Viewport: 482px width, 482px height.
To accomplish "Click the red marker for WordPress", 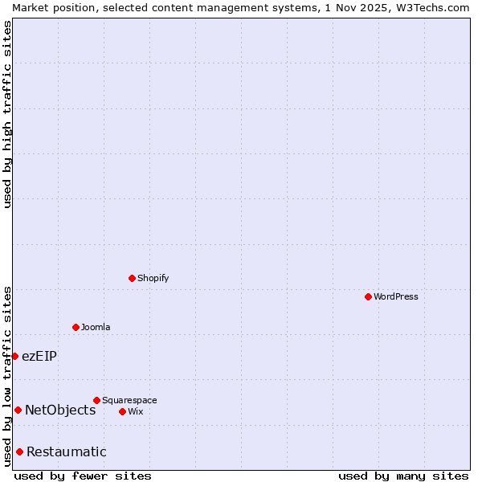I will pyautogui.click(x=368, y=296).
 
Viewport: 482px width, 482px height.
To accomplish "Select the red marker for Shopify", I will pyautogui.click(x=132, y=278).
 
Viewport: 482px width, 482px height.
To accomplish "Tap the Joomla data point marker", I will pyautogui.click(x=76, y=327).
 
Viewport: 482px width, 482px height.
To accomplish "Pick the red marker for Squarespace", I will pyautogui.click(x=96, y=400).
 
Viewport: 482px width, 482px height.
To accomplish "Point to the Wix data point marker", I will pyautogui.click(x=122, y=411).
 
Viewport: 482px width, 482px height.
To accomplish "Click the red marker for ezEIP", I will pyautogui.click(x=14, y=356).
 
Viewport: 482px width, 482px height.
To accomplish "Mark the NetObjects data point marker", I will pyautogui.click(x=18, y=410).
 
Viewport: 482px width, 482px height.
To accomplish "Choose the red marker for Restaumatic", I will pyautogui.click(x=19, y=451).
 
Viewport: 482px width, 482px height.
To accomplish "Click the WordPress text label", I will pyautogui.click(x=396, y=296).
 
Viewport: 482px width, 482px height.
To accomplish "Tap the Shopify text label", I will pyautogui.click(x=153, y=278).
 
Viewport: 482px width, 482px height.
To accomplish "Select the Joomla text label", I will pyautogui.click(x=96, y=327).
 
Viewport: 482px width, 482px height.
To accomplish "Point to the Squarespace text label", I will pyautogui.click(x=129, y=400).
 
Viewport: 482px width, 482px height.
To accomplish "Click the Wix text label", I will pyautogui.click(x=135, y=411).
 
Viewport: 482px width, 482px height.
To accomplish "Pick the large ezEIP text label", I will pyautogui.click(x=39, y=356).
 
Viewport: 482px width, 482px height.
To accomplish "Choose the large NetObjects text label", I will pyautogui.click(x=60, y=410).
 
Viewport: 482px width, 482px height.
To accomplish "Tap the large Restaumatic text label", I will pyautogui.click(x=67, y=451).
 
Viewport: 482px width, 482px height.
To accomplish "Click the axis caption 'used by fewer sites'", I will pyautogui.click(x=83, y=476).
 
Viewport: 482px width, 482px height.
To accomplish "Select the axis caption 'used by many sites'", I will pyautogui.click(x=403, y=476).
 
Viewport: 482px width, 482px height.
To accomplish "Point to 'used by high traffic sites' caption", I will pyautogui.click(x=7, y=114).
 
